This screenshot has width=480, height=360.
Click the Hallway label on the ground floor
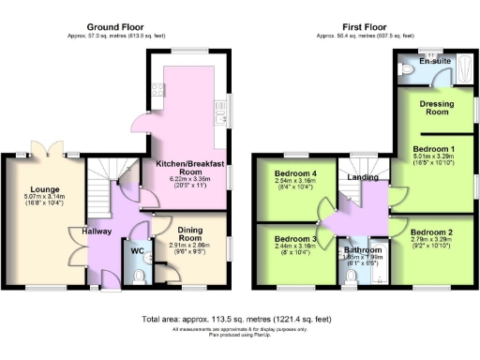[x=97, y=231]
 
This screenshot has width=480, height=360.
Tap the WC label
[x=136, y=251]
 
